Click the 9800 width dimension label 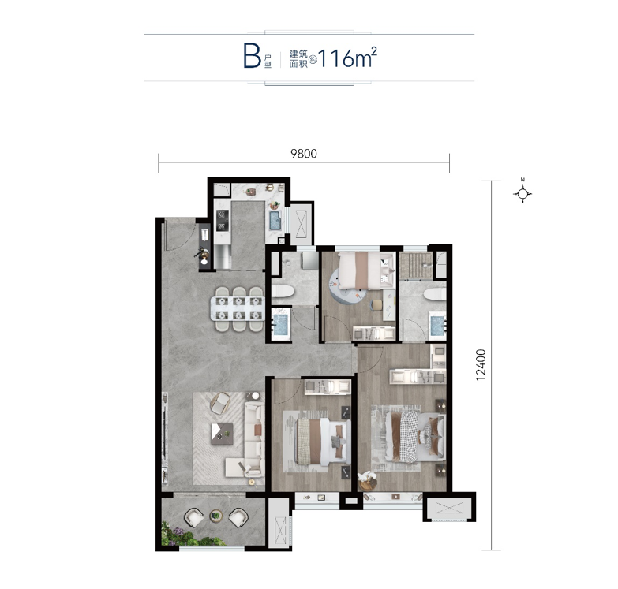304,154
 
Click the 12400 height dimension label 481,365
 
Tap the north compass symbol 522,193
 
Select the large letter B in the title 253,57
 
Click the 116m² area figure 347,58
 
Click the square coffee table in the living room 222,434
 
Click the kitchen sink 275,220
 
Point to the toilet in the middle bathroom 283,292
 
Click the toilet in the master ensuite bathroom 435,294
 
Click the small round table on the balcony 215,516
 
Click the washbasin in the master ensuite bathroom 438,325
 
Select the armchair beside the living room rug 220,403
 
